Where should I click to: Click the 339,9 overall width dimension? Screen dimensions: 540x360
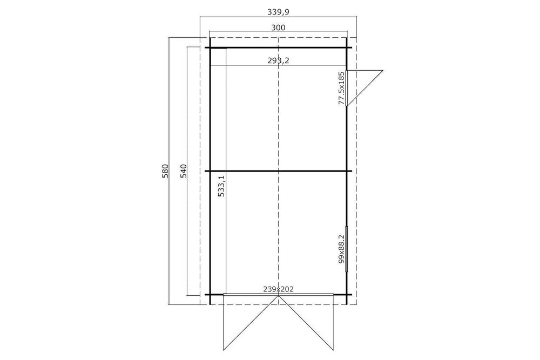(x=278, y=12)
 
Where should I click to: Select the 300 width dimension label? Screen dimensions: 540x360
(x=278, y=28)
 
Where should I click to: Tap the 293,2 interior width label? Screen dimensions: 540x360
(x=278, y=60)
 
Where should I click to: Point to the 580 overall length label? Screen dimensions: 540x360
(x=165, y=171)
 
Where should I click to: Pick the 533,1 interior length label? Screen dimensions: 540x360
(x=221, y=186)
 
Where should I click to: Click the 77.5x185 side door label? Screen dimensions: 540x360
(x=341, y=88)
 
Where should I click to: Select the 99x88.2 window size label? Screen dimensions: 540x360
(x=341, y=249)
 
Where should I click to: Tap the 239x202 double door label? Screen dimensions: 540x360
(x=278, y=289)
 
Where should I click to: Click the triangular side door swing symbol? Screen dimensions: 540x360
(x=365, y=88)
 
